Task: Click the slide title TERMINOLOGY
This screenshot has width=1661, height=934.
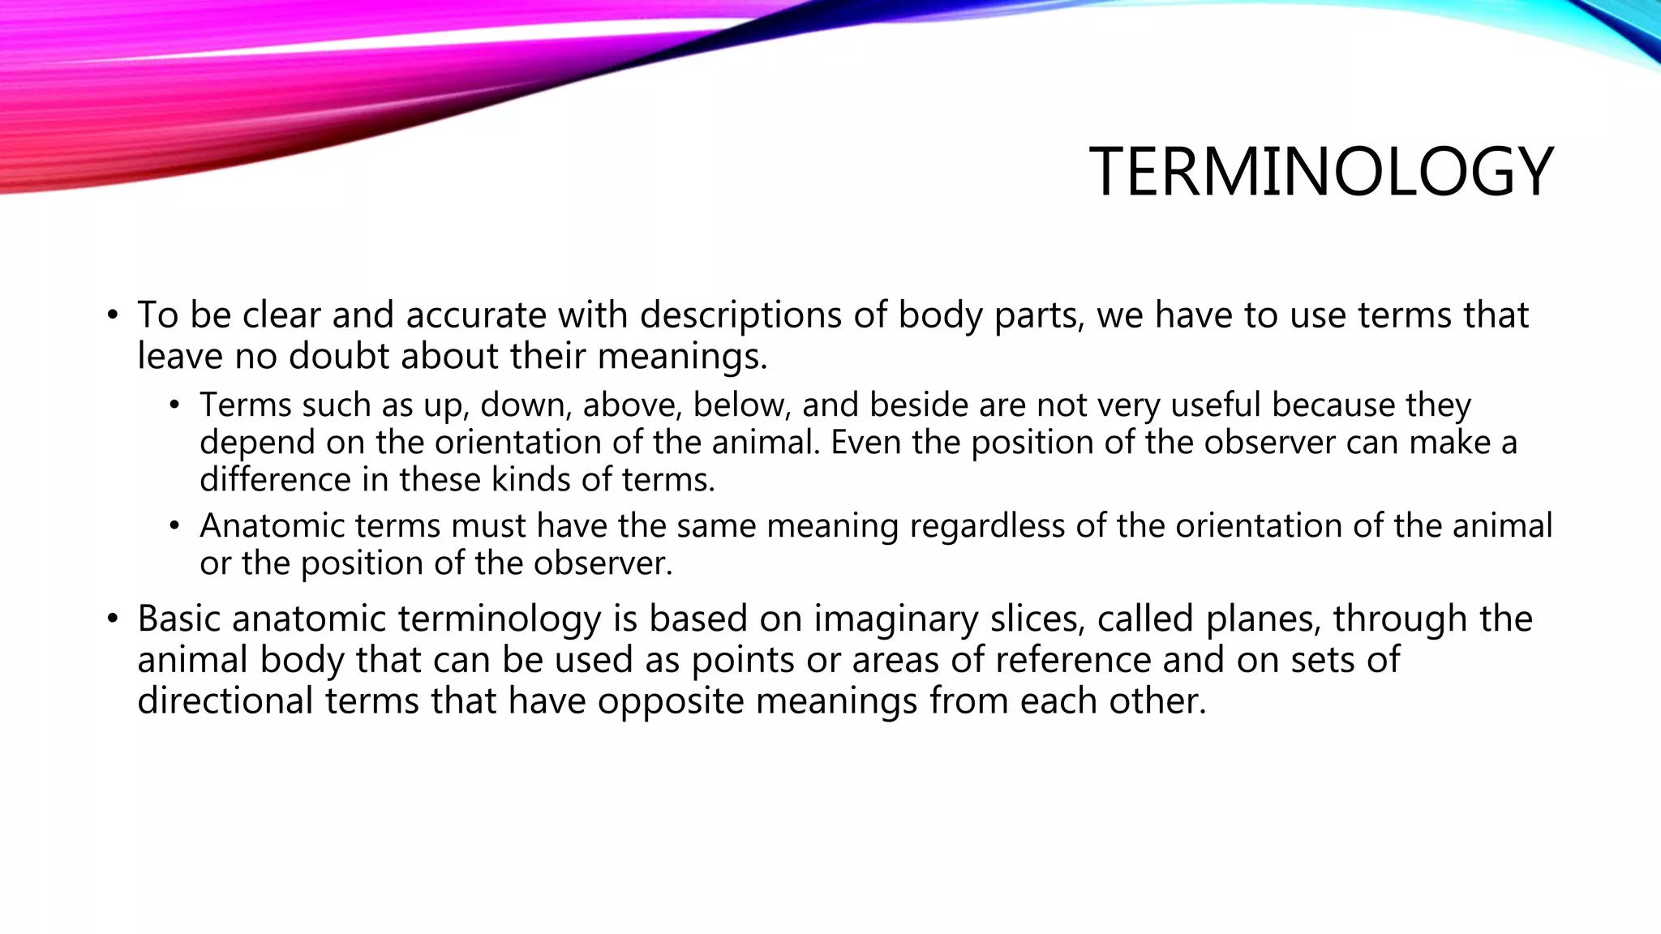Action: pos(1320,172)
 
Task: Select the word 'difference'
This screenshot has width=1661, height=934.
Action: pos(275,479)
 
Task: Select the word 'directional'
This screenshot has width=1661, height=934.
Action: pos(225,700)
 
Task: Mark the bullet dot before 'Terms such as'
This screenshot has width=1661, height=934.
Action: pos(174,405)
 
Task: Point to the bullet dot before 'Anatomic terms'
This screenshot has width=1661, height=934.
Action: pos(174,526)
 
